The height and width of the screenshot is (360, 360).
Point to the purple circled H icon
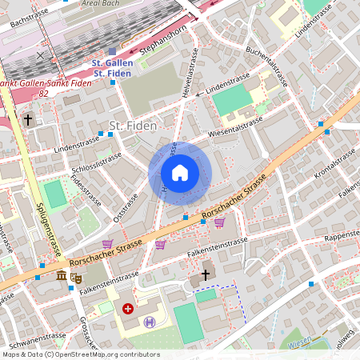(150, 322)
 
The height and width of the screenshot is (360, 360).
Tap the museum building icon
(62, 276)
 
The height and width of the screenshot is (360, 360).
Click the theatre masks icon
(76, 278)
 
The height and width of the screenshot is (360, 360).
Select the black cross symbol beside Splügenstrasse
(28, 120)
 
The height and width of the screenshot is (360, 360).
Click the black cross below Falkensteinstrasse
(205, 274)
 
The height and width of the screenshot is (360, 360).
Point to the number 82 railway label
(43, 94)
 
